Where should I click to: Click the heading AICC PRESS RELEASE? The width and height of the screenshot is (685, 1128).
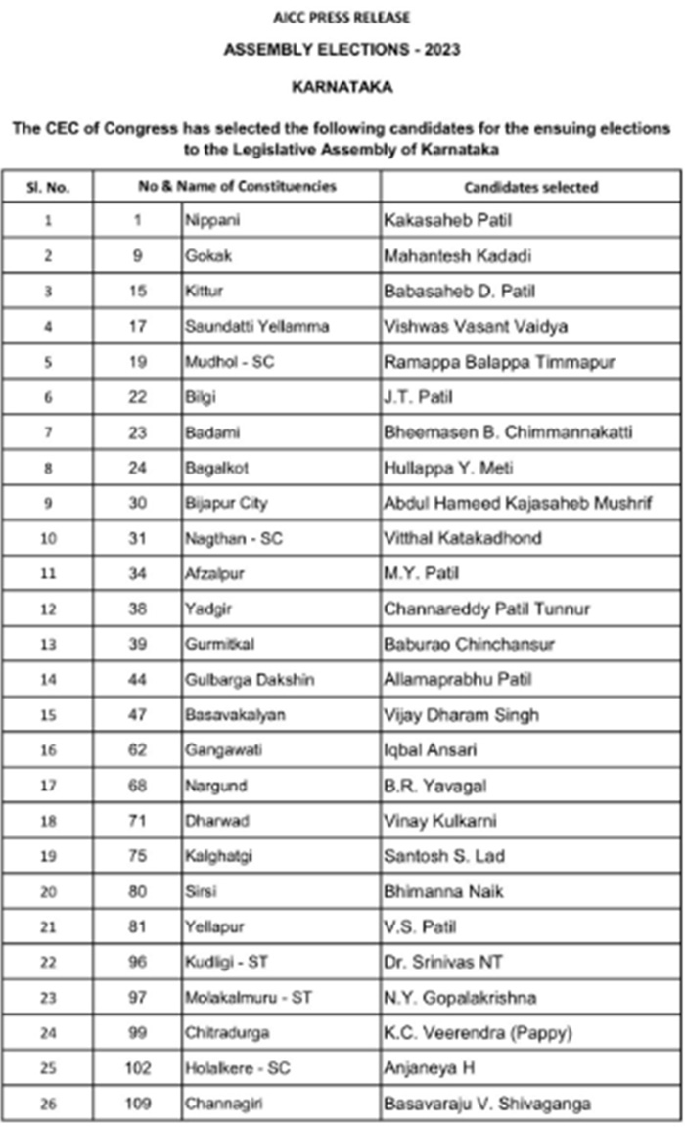[342, 18]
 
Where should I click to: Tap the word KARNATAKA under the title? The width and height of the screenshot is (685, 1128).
[342, 87]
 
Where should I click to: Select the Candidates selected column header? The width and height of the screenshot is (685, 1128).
[530, 186]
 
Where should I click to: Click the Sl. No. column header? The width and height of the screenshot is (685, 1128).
[48, 186]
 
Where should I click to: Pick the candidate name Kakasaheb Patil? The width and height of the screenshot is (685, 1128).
[447, 221]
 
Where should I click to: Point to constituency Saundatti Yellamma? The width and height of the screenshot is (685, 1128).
[256, 327]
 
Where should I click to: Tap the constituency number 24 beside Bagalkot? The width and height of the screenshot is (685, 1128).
[138, 468]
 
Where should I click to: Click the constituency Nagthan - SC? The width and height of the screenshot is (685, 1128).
[234, 538]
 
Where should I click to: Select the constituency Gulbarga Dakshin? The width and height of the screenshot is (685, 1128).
[250, 679]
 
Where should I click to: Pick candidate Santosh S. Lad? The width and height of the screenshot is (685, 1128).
[444, 855]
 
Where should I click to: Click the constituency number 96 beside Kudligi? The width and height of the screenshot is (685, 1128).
[138, 961]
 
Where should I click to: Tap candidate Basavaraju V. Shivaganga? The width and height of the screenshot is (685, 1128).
[486, 1104]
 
